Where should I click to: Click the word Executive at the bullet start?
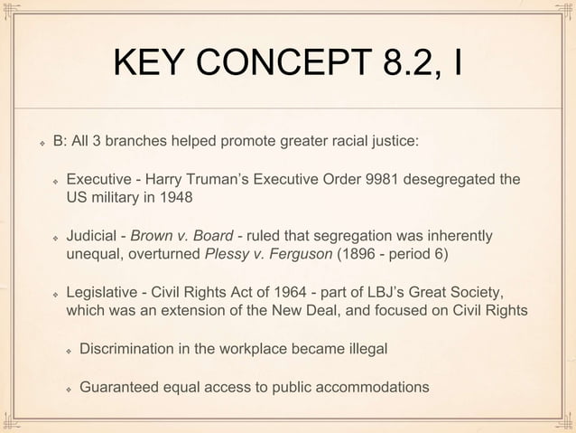pos(98,179)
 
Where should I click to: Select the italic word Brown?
pos(151,236)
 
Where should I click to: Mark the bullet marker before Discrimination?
pos(68,350)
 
